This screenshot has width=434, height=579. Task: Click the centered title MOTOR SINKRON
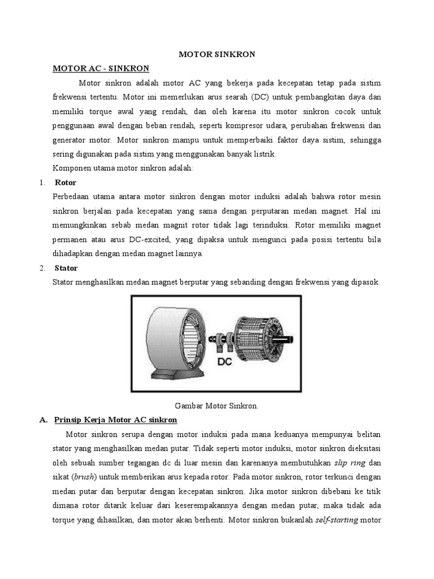point(217,54)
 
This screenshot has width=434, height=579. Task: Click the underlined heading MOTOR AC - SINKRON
point(101,68)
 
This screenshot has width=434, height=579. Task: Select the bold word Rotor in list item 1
point(66,183)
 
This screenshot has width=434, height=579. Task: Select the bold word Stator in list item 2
point(66,267)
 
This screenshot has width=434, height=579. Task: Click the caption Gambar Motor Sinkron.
point(217,405)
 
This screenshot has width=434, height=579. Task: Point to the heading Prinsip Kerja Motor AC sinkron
point(115,420)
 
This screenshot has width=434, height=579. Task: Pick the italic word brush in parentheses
point(84,477)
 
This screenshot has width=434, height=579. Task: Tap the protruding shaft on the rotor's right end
point(298,338)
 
